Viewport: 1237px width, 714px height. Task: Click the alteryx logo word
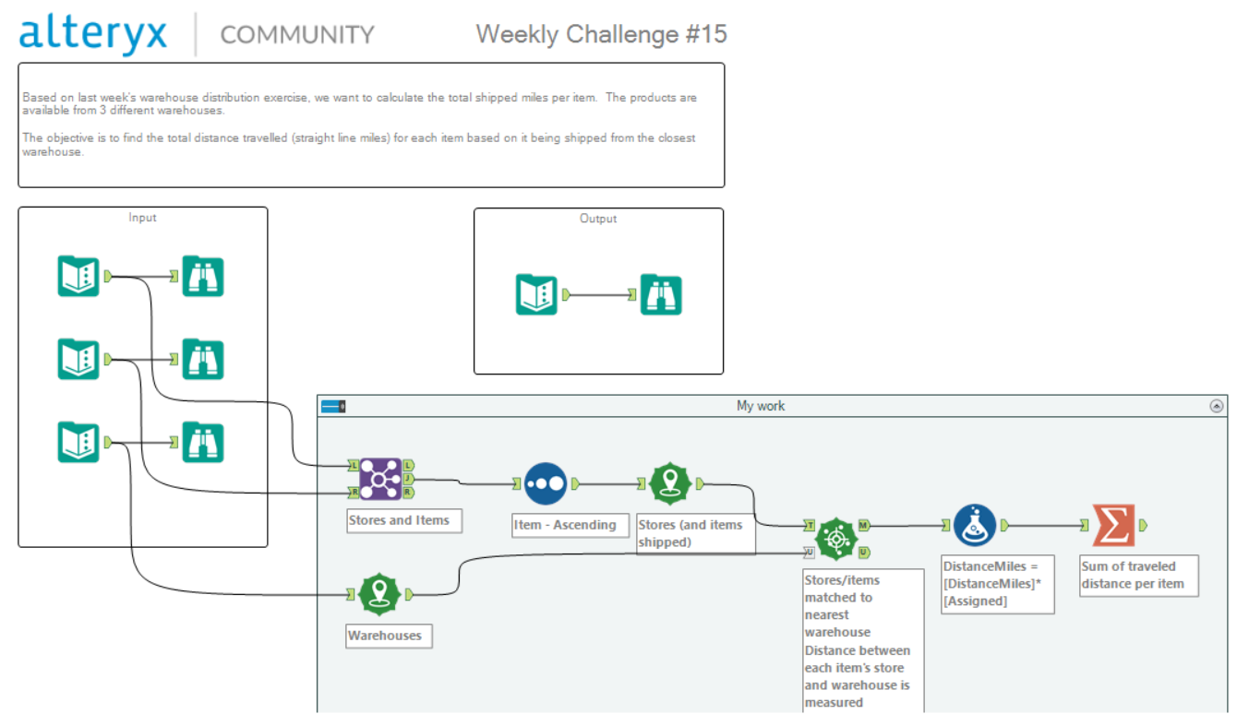click(93, 34)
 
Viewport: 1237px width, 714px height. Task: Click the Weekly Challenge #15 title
click(601, 34)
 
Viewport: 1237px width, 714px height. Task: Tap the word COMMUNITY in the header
click(297, 35)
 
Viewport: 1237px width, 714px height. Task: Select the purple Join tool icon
click(378, 480)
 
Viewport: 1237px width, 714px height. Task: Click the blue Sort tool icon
click(546, 483)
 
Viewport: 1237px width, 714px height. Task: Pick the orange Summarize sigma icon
click(1113, 525)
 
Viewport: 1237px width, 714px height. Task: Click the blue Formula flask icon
click(975, 525)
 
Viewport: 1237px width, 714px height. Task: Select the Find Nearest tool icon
click(837, 539)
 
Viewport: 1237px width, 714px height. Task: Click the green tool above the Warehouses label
click(379, 595)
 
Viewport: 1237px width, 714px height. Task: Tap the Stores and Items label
click(399, 520)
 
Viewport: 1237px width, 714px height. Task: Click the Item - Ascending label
click(565, 525)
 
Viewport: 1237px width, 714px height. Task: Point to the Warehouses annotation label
click(385, 636)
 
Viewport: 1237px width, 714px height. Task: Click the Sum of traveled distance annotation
click(1136, 575)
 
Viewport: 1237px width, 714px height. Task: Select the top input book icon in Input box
click(78, 276)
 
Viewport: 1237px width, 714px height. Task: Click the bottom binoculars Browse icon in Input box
click(202, 442)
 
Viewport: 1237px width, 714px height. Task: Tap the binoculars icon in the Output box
click(661, 295)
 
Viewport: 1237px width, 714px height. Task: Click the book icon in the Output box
click(536, 295)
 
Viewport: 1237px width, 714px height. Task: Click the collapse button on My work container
click(1216, 406)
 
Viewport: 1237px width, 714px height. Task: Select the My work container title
click(761, 406)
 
